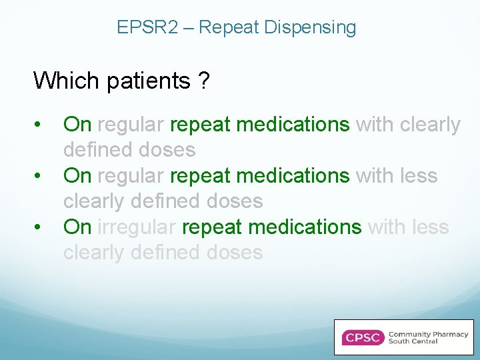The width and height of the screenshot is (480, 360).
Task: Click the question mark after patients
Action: coord(203,81)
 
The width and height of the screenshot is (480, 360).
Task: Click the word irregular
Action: coord(137,227)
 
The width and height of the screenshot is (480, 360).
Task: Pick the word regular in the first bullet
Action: coord(131,125)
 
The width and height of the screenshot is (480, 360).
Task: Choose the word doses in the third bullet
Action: coord(233,253)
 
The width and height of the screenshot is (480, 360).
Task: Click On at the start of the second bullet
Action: coord(77,176)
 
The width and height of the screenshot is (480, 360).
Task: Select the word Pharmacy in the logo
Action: coord(447,334)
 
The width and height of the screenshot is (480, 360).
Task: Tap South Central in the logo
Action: coord(413,342)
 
